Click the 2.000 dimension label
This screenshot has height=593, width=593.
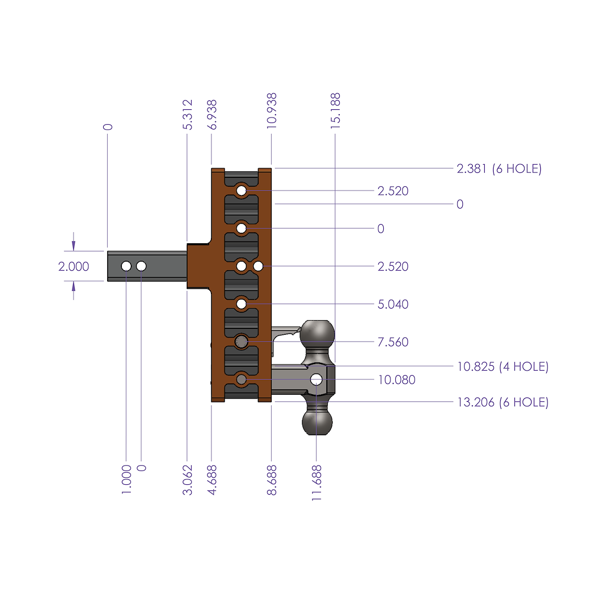point(74,267)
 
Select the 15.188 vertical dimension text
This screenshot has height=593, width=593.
point(335,111)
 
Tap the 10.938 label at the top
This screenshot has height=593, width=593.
point(271,111)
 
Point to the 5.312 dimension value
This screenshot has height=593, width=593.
point(187,114)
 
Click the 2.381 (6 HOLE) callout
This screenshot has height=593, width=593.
point(499,169)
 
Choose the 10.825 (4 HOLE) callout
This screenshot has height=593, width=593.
point(502,366)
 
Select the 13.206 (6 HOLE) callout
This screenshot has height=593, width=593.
point(502,402)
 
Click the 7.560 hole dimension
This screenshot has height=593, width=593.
point(393,342)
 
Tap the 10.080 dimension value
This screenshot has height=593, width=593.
point(396,380)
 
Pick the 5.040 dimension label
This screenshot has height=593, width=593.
point(393,304)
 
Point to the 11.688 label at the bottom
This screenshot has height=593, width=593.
point(316,483)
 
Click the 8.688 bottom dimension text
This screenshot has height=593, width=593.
point(271,480)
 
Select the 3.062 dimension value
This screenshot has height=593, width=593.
point(187,480)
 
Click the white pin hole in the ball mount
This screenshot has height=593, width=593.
point(316,379)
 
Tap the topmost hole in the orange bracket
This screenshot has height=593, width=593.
point(242,191)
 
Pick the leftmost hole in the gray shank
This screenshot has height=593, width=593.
point(126,266)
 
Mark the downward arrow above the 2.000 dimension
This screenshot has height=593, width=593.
point(74,242)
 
